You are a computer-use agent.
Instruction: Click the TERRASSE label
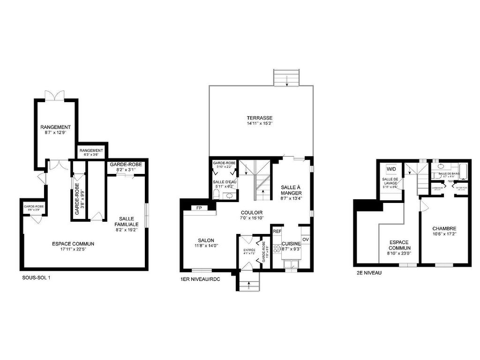(x=260, y=118)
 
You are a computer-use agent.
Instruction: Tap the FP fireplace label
(x=199, y=207)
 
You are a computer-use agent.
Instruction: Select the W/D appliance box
(x=391, y=169)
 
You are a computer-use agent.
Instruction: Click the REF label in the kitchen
(x=277, y=231)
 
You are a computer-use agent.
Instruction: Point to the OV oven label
(x=306, y=240)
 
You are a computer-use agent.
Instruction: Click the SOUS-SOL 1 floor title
(x=36, y=277)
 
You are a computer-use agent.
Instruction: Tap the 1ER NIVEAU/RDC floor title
(x=200, y=279)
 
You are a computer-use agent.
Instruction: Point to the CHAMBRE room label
(x=444, y=228)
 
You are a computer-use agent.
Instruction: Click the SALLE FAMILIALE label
(x=126, y=222)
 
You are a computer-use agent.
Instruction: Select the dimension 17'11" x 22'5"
(x=73, y=249)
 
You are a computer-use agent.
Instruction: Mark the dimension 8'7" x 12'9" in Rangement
(x=55, y=133)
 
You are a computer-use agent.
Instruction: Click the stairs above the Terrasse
(x=285, y=78)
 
